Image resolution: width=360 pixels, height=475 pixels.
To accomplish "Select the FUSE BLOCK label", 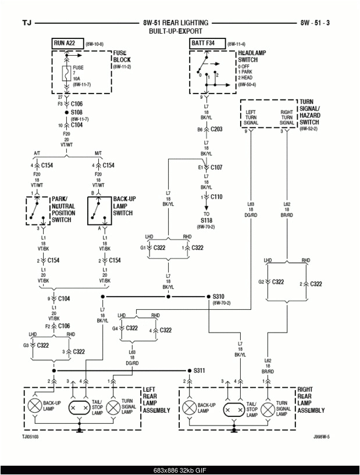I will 122,56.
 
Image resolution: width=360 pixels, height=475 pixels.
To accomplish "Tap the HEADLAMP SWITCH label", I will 252,56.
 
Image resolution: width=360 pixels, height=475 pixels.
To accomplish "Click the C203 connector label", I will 216,129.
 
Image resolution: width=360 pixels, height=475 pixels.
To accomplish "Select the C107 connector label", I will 216,167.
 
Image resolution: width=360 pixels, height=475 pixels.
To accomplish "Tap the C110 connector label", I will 216,197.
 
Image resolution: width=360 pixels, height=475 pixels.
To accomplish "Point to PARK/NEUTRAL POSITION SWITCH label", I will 62,209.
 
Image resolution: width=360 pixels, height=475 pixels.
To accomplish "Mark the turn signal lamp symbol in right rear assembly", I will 268,409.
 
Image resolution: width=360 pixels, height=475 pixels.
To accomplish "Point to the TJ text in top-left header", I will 27,23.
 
